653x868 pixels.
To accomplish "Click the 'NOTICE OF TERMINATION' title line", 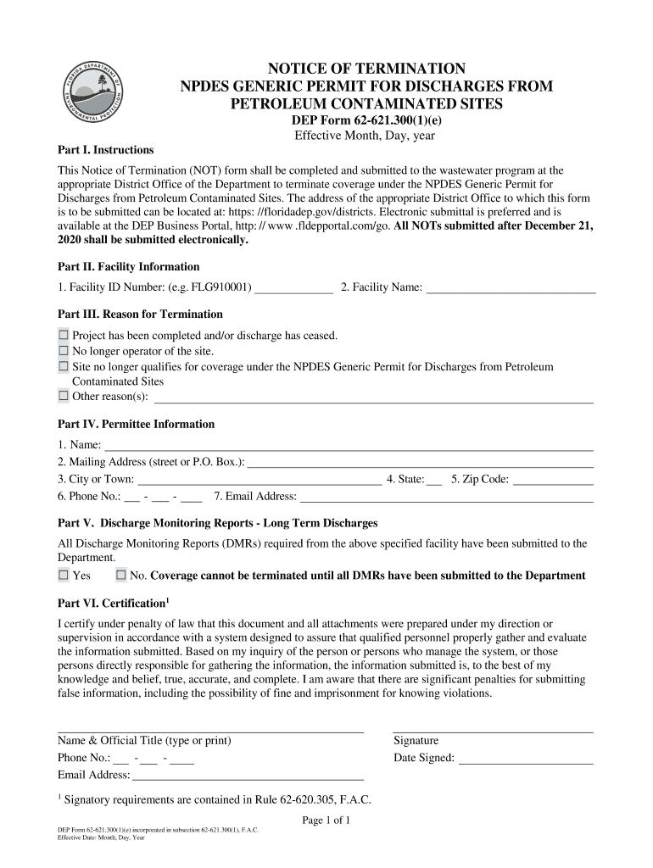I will (x=367, y=69).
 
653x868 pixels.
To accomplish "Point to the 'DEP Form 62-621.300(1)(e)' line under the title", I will (x=367, y=120).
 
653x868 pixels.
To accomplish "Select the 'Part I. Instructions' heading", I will (x=105, y=150).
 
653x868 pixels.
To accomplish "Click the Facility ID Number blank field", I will (x=293, y=288).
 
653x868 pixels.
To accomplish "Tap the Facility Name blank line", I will (x=511, y=288).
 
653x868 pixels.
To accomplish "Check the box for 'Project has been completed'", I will (x=64, y=336).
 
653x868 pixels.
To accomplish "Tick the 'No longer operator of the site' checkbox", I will (x=64, y=351).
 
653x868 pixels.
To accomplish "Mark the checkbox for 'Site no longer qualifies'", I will (x=64, y=367).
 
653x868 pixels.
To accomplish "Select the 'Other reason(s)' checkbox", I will (x=64, y=396).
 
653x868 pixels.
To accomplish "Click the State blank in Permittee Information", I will (x=434, y=480).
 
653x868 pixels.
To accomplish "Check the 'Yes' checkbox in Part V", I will (x=64, y=576).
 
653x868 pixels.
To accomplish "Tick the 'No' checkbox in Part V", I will (x=121, y=576).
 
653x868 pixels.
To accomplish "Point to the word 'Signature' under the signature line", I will (x=416, y=741).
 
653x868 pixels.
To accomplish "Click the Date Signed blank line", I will (x=525, y=759).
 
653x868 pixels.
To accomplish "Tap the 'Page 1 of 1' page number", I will (x=326, y=821).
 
